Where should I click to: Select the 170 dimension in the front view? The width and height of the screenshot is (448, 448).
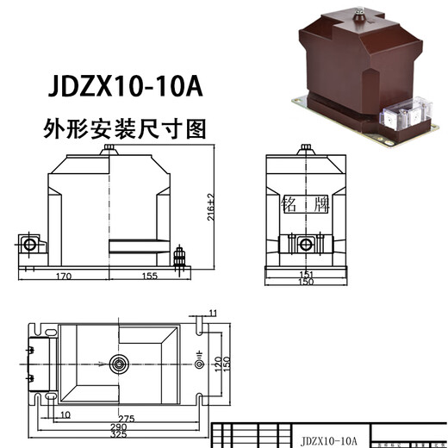[x=61, y=277]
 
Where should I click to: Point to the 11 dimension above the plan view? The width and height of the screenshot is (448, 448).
[x=213, y=312]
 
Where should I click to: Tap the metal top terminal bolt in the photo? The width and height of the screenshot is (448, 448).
[x=356, y=11]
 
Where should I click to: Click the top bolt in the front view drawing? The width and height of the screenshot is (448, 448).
[x=110, y=151]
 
